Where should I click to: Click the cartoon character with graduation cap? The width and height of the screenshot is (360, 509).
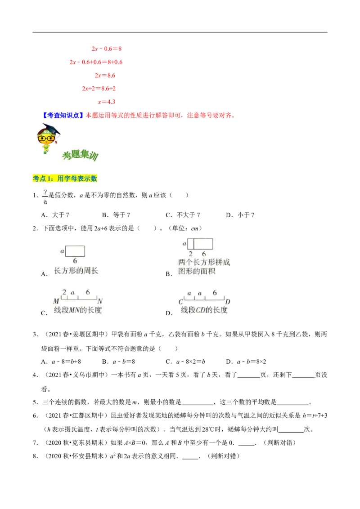pyautogui.click(x=46, y=138)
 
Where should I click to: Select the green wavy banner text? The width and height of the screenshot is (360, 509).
pyautogui.click(x=81, y=156)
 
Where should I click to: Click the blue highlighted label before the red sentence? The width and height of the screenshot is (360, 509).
pyautogui.click(x=63, y=115)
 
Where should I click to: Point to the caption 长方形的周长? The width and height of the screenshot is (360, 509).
pyautogui.click(x=76, y=271)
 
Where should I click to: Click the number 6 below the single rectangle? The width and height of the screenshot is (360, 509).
pyautogui.click(x=75, y=261)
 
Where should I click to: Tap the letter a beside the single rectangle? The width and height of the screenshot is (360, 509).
pyautogui.click(x=62, y=251)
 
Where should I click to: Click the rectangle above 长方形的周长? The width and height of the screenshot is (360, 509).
pyautogui.click(x=75, y=251)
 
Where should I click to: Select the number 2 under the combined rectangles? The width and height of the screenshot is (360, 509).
pyautogui.click(x=190, y=254)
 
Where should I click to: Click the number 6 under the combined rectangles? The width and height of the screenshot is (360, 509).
pyautogui.click(x=203, y=254)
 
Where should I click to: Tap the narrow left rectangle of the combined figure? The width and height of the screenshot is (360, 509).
pyautogui.click(x=190, y=244)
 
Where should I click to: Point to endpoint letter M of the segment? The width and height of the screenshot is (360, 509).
pyautogui.click(x=56, y=301)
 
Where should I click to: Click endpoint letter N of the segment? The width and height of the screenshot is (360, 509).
pyautogui.click(x=100, y=301)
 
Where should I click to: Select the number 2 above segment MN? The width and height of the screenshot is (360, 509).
pyautogui.click(x=64, y=292)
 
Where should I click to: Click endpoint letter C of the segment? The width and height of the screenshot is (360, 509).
pyautogui.click(x=180, y=302)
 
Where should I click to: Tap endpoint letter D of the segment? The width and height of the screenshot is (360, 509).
pyautogui.click(x=228, y=302)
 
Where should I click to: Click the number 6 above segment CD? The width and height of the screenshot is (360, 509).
pyautogui.click(x=215, y=293)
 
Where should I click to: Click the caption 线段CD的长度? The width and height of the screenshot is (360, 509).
pyautogui.click(x=204, y=310)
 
